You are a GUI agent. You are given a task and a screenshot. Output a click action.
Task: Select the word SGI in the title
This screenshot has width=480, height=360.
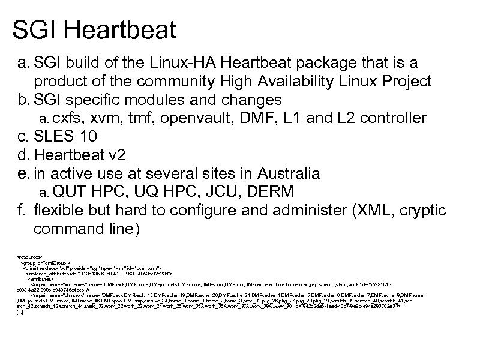pyautogui.click(x=36, y=29)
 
